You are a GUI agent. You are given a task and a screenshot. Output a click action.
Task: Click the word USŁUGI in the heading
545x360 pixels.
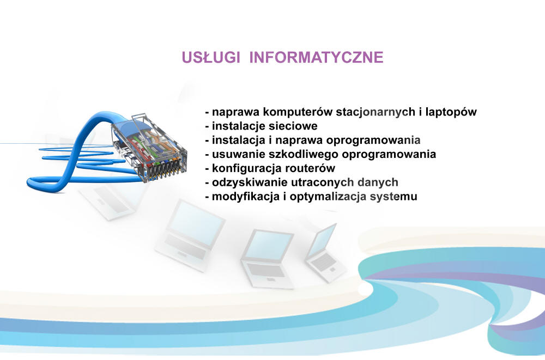pos(210,57)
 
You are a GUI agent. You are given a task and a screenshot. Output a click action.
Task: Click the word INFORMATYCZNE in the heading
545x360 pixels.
pos(316,57)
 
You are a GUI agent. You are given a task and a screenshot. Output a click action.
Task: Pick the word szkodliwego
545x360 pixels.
pos(304,154)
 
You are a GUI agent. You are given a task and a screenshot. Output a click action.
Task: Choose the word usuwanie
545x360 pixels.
pos(239,155)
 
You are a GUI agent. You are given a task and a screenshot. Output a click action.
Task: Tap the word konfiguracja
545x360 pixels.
pos(247,168)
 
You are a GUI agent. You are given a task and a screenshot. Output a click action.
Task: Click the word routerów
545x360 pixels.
pos(310,168)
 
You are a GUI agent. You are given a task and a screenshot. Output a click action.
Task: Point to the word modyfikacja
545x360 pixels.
pos(246,196)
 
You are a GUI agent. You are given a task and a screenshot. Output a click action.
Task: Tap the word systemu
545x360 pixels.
pos(393,197)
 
